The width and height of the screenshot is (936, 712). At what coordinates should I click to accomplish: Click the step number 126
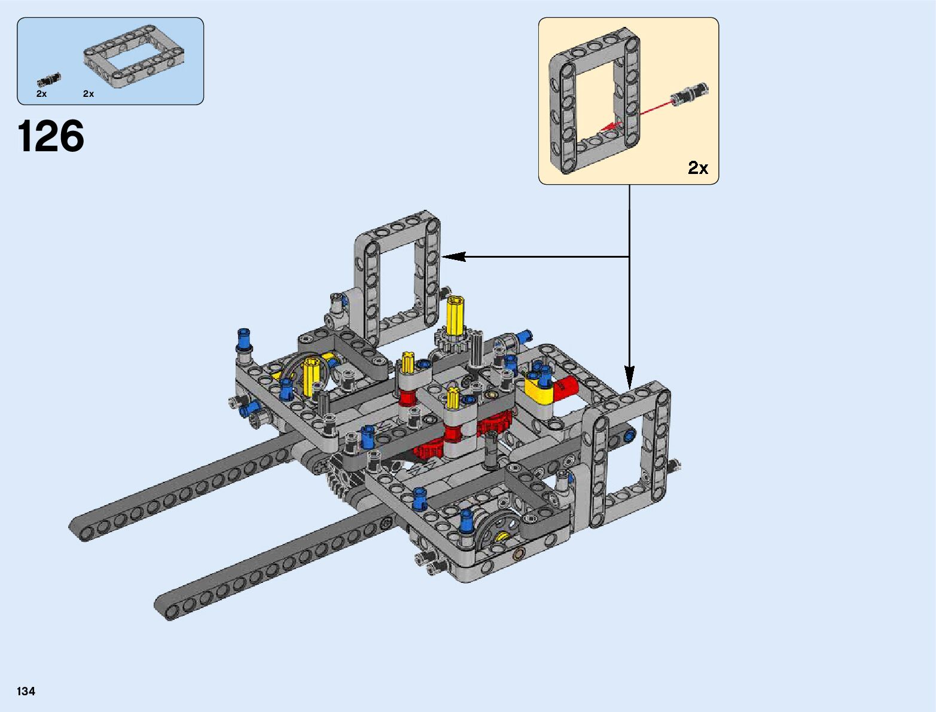pyautogui.click(x=51, y=136)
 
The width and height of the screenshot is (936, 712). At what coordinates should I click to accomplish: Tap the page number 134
pyautogui.click(x=26, y=691)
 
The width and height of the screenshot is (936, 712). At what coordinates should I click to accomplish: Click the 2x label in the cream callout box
pyautogui.click(x=697, y=168)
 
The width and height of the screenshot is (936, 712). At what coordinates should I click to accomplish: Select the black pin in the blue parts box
pyautogui.click(x=49, y=80)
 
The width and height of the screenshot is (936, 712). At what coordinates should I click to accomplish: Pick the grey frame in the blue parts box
pyautogui.click(x=133, y=57)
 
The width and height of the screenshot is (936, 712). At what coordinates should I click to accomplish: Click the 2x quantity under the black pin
pyautogui.click(x=41, y=94)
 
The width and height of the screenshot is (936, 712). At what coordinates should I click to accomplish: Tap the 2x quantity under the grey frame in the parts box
pyautogui.click(x=89, y=94)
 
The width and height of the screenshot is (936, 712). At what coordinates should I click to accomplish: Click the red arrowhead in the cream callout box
pyautogui.click(x=611, y=126)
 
